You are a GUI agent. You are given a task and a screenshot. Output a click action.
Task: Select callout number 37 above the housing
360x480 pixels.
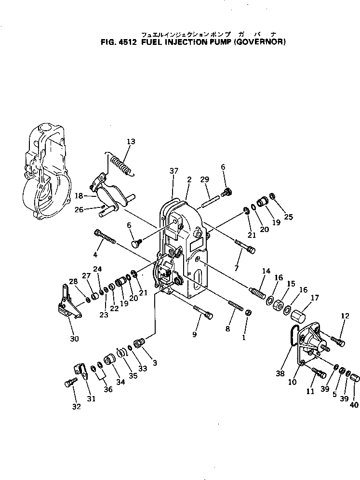(174, 171)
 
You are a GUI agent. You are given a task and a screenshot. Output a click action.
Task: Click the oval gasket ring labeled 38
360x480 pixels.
(292, 334)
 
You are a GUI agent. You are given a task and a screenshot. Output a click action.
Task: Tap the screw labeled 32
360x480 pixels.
(68, 383)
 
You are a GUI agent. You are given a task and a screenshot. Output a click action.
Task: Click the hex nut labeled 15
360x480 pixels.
(278, 305)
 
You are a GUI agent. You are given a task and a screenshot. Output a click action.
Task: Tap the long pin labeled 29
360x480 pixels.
(210, 199)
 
